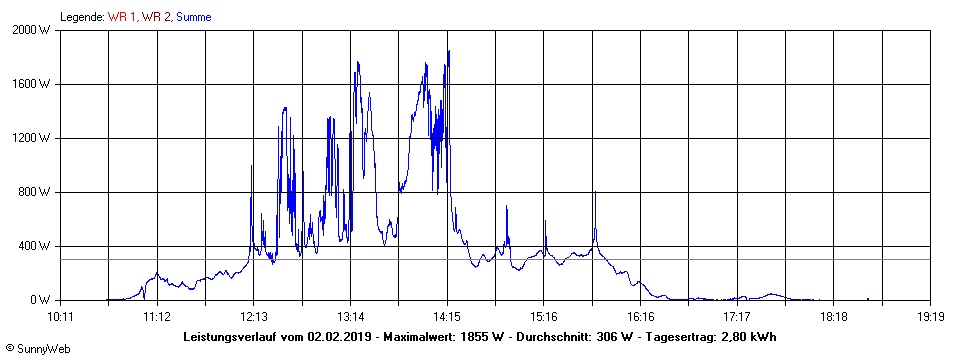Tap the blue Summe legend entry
click(193, 17)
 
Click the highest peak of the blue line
click(448, 51)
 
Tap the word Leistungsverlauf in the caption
click(240, 337)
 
